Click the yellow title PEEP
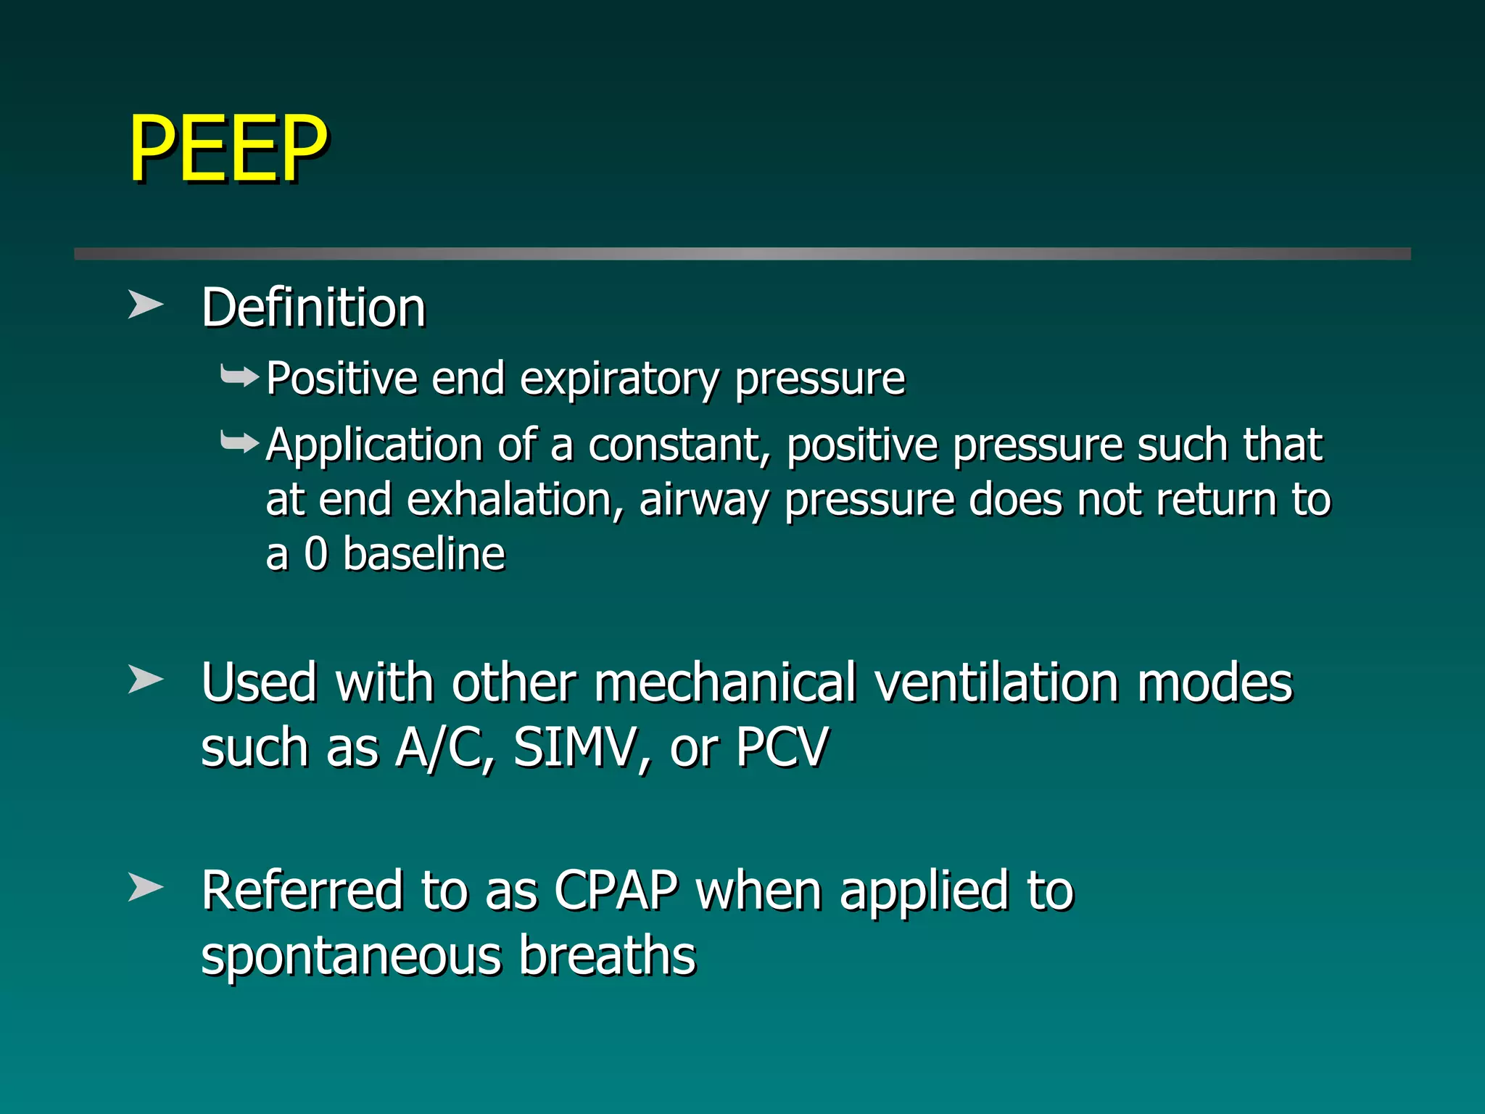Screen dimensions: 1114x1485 (228, 148)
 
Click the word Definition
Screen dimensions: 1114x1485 (313, 308)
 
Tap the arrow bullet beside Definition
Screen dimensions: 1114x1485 (145, 305)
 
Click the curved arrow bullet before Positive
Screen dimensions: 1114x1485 (239, 376)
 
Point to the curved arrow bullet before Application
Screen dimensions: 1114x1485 (239, 441)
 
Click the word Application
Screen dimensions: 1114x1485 (373, 445)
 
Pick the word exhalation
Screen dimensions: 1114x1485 (514, 500)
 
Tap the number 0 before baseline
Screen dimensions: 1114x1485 (316, 554)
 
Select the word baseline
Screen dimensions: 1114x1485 (423, 554)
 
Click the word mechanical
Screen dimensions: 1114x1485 (725, 683)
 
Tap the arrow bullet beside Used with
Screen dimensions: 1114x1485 (145, 680)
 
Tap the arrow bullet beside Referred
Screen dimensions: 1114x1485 (145, 887)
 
